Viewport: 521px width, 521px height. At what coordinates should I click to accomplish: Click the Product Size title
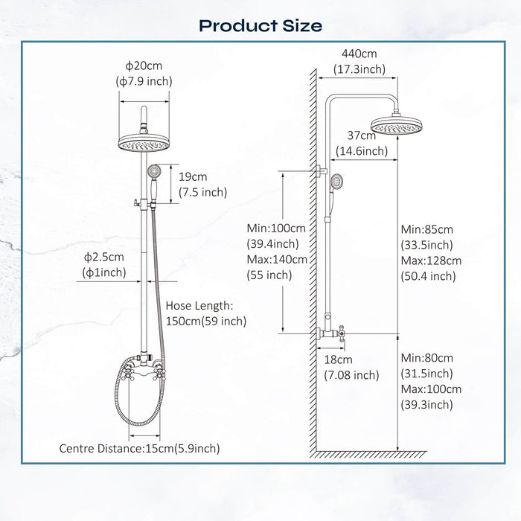[x=260, y=25]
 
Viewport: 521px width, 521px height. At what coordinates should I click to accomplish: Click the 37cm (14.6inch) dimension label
[x=362, y=143]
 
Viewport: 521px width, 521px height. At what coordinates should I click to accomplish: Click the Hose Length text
[x=199, y=306]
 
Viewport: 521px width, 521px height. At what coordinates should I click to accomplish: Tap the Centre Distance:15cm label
[x=140, y=448]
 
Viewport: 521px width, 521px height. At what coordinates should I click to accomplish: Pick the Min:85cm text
[x=426, y=228]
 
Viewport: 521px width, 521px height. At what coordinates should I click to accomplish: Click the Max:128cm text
[x=430, y=260]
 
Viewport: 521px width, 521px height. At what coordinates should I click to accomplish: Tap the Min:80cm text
[x=426, y=358]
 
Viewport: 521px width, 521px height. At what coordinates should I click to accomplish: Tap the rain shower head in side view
[x=397, y=127]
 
